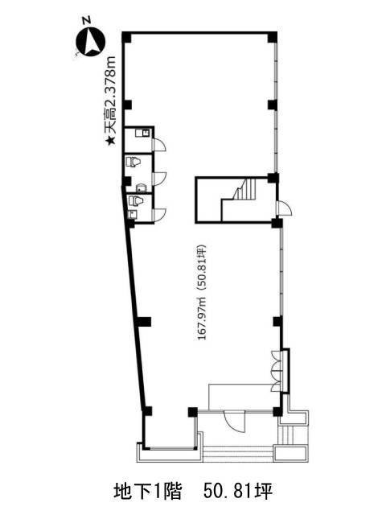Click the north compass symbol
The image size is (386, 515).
pyautogui.click(x=90, y=42)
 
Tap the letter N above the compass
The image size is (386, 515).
pyautogui.click(x=86, y=20)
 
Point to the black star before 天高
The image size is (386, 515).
pyautogui.click(x=110, y=141)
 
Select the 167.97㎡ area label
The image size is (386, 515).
pyautogui.click(x=202, y=318)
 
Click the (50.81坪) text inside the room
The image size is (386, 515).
pyautogui.click(x=202, y=268)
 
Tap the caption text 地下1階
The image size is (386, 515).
pyautogui.click(x=147, y=492)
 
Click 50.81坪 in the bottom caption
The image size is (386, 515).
pyautogui.click(x=238, y=492)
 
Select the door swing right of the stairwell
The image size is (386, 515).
pyautogui.click(x=285, y=208)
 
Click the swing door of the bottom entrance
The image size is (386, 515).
pyautogui.click(x=234, y=422)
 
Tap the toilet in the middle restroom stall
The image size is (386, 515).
pyautogui.click(x=133, y=162)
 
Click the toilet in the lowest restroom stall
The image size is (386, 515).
pyautogui.click(x=134, y=200)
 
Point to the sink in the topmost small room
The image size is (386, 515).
pyautogui.click(x=142, y=133)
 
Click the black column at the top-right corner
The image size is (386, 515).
pyautogui.click(x=272, y=37)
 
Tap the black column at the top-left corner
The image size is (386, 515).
pyautogui.click(x=127, y=37)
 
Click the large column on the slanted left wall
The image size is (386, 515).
pyautogui.click(x=144, y=322)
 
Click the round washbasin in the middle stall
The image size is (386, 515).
pyautogui.click(x=141, y=187)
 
